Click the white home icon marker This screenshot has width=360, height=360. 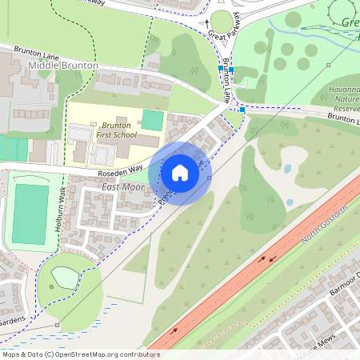point(180,173)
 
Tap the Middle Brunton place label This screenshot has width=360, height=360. point(63,66)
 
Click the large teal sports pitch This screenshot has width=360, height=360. point(29,214)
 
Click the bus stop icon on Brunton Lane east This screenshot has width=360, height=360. point(242,106)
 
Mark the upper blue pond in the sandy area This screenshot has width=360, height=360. point(287,169)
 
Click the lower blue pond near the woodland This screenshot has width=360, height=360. point(289,203)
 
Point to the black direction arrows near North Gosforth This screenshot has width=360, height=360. point(267,258)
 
